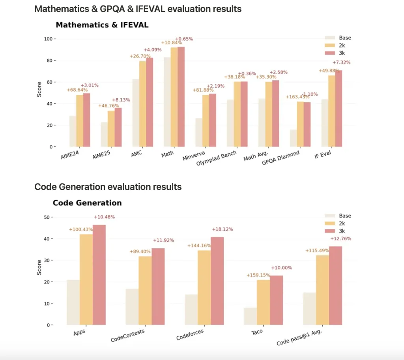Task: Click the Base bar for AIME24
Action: pos(73,131)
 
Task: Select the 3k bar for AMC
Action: pos(150,102)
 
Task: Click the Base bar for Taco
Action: pos(250,316)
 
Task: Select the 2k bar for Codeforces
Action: pos(204,288)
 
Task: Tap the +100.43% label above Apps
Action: pos(81,230)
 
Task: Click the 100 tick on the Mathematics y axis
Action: pos(48,39)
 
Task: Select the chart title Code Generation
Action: pos(87,203)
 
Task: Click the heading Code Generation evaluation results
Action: pos(108,187)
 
